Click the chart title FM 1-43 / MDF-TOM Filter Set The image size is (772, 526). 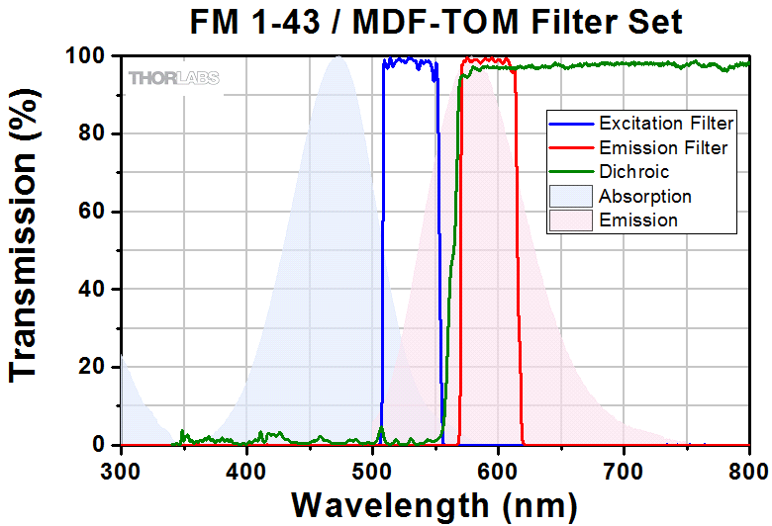436,21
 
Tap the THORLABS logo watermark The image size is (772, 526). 173,78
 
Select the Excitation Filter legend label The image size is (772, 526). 666,124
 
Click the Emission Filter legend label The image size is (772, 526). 663,148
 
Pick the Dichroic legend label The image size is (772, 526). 634,172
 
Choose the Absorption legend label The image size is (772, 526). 645,197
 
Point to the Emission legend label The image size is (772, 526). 638,220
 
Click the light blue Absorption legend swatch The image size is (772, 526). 571,197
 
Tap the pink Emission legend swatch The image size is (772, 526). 571,220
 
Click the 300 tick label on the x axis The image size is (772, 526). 121,470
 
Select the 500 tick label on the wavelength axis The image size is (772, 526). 372,470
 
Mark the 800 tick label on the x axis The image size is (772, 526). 747,470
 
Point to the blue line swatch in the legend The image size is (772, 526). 571,124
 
